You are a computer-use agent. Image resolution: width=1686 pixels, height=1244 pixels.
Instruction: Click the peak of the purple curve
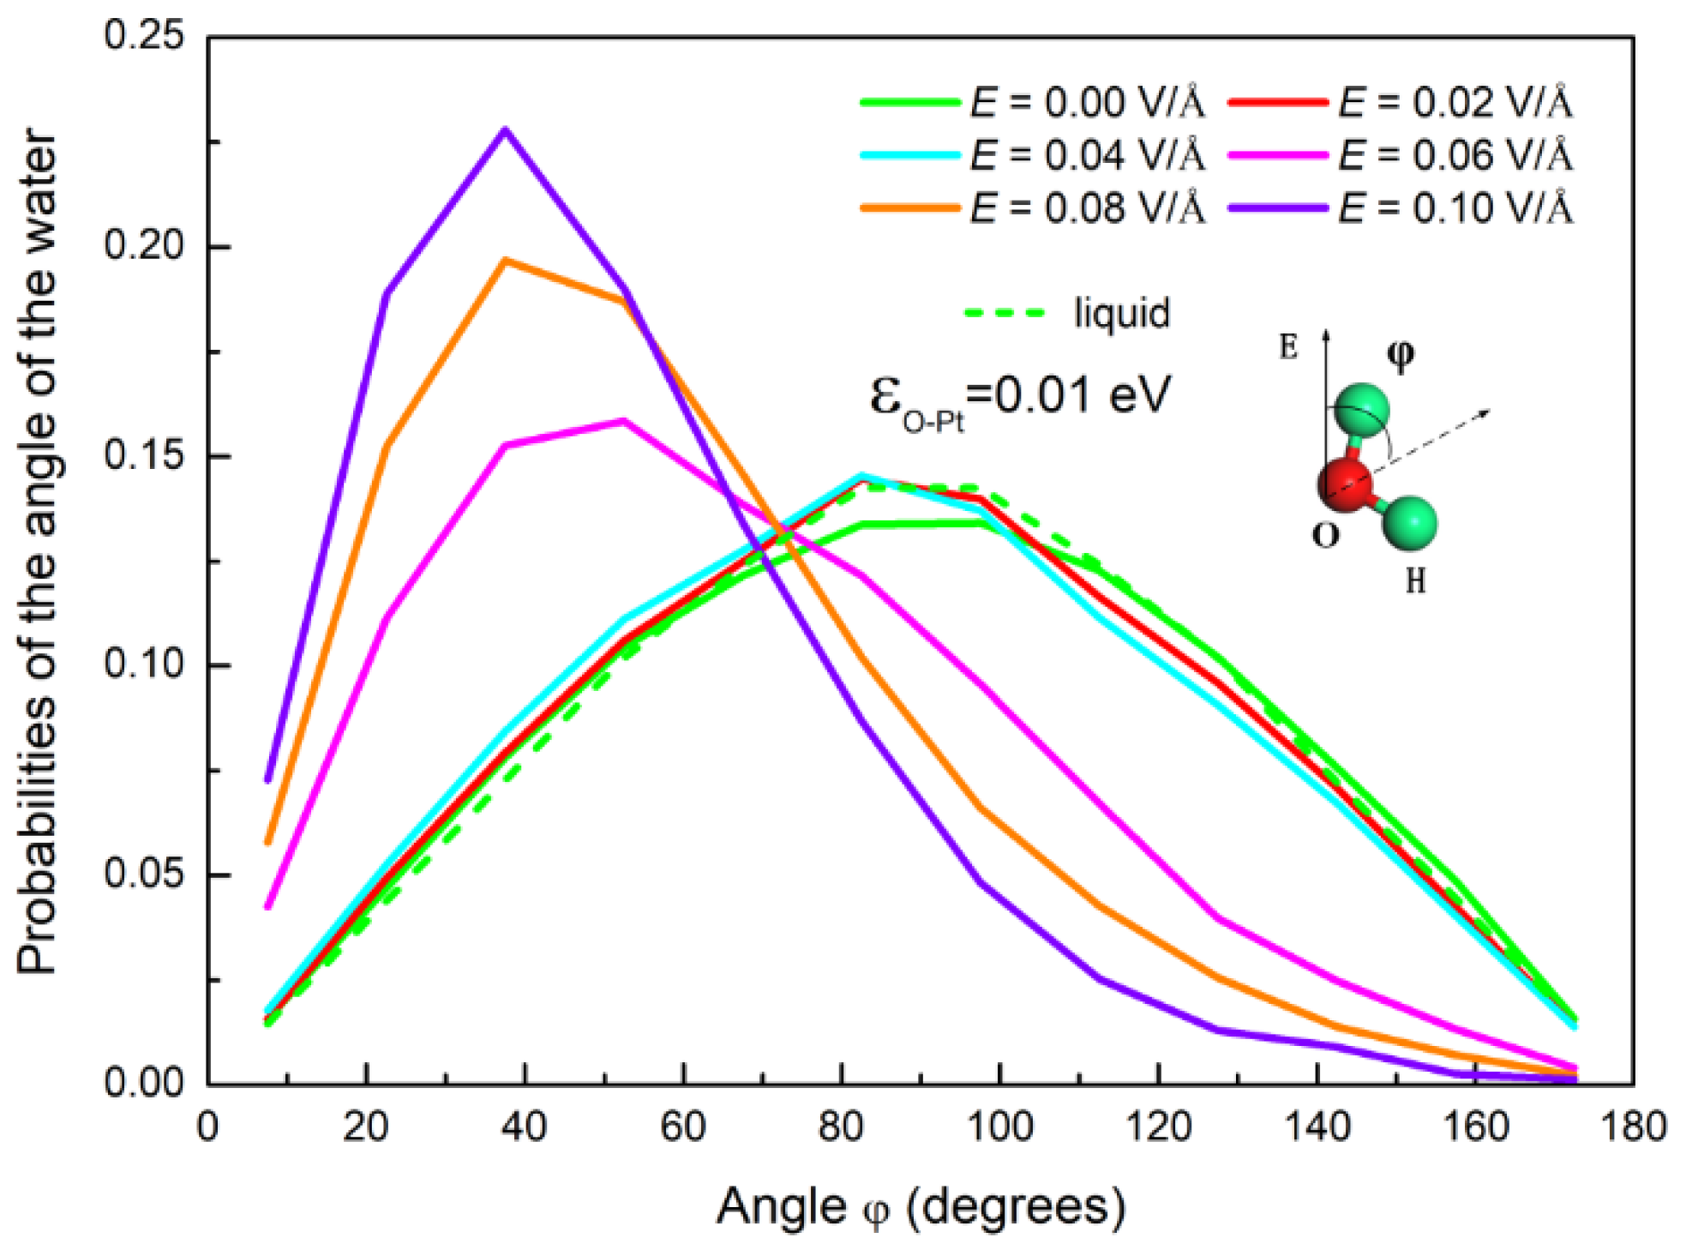(506, 129)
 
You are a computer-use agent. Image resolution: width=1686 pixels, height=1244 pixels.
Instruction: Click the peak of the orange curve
(506, 260)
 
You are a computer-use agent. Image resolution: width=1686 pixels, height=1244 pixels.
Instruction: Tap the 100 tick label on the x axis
(999, 1126)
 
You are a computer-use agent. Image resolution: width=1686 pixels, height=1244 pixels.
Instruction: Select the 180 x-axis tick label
(1632, 1126)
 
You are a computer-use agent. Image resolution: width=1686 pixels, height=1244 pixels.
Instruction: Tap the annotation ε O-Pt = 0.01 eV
(1020, 397)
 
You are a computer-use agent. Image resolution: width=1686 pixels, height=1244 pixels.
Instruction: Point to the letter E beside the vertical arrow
(1288, 347)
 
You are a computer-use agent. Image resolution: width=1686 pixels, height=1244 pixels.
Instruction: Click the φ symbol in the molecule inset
(1401, 354)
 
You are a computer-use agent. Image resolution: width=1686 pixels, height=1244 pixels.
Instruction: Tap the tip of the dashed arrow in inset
(1489, 412)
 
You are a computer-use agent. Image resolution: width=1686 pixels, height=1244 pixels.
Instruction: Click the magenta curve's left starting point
(268, 906)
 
